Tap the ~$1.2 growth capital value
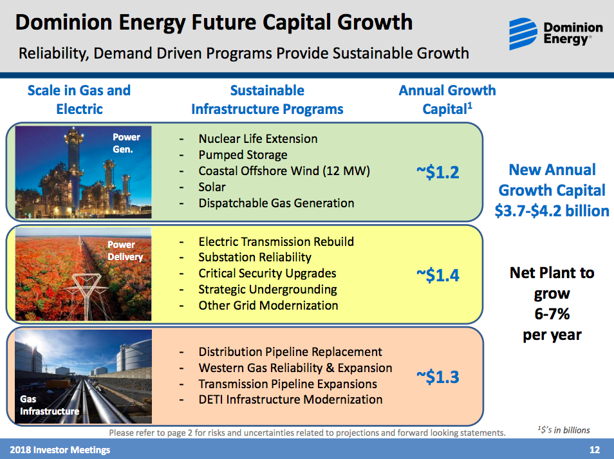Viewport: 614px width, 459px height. click(438, 172)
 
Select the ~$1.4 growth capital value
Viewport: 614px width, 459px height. click(438, 275)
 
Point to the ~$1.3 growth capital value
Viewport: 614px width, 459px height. click(438, 376)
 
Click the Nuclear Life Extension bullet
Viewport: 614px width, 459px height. click(257, 138)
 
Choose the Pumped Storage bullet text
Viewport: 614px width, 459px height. click(243, 155)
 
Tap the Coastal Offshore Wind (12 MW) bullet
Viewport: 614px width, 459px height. click(284, 171)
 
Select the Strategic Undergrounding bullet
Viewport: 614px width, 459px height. click(267, 289)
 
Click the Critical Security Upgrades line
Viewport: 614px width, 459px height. click(267, 273)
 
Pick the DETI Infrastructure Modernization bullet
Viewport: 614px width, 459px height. click(290, 399)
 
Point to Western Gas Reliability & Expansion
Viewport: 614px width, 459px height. click(295, 368)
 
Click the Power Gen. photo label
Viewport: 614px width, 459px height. click(126, 143)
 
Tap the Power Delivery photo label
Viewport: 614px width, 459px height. click(125, 251)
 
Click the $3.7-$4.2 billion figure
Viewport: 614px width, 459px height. click(552, 211)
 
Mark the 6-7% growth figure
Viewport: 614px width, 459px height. click(552, 314)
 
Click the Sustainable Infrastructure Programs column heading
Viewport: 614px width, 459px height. click(267, 100)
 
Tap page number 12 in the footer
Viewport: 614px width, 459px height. click(594, 449)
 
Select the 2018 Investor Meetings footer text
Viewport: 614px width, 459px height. click(59, 449)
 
